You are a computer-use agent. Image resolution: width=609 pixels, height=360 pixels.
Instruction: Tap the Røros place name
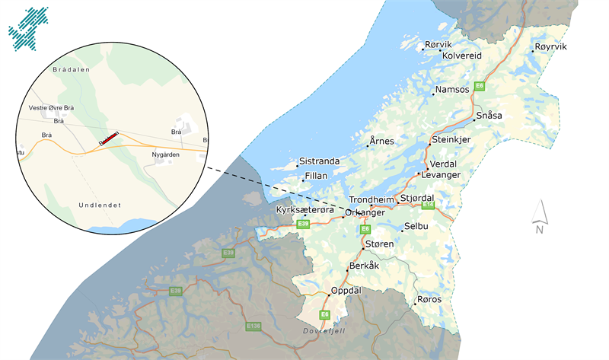[x=430, y=299]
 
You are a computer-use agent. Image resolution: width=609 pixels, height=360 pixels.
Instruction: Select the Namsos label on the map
[x=452, y=90]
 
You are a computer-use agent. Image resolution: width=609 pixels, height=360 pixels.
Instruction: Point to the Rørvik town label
[x=438, y=45]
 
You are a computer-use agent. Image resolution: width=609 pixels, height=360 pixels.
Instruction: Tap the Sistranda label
[x=319, y=161]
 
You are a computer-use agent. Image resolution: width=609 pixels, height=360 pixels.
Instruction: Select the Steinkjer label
[x=451, y=140]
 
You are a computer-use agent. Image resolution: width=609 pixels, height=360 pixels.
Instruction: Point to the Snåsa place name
[x=489, y=116]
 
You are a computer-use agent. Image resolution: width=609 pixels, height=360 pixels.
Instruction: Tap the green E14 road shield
[x=428, y=205]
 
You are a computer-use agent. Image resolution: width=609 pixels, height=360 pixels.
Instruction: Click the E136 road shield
[x=253, y=326]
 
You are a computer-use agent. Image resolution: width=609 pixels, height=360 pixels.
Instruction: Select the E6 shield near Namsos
[x=480, y=86]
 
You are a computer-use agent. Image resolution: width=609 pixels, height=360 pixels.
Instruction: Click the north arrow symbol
[x=539, y=215]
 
